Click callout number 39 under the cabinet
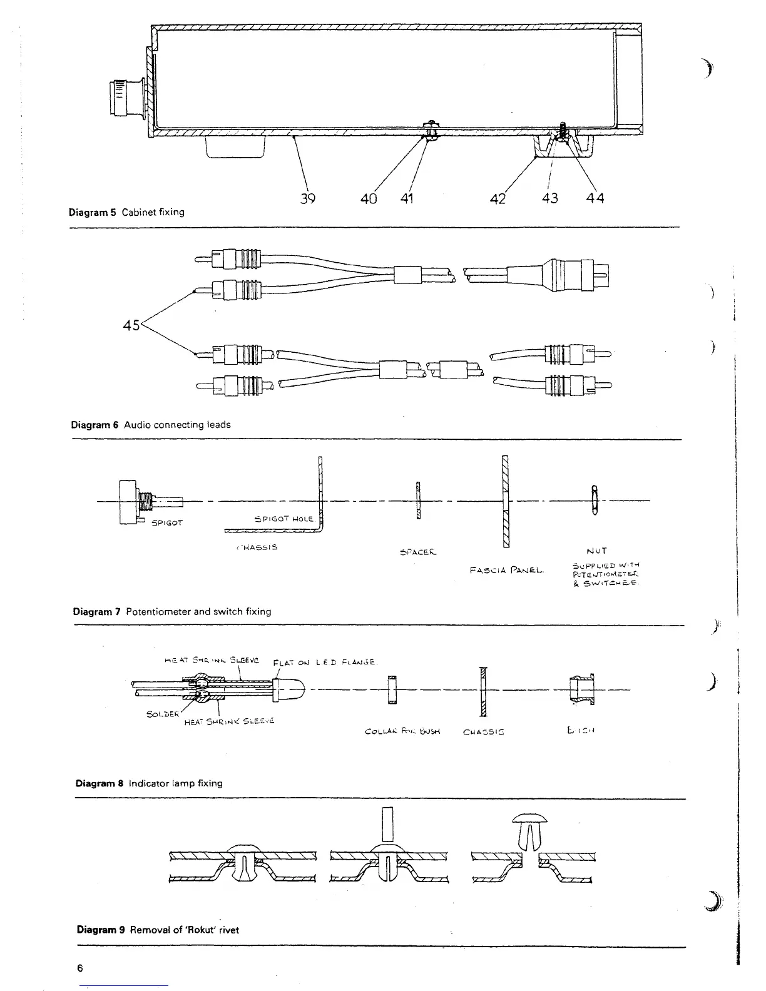point(307,199)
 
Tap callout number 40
point(369,199)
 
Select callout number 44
point(596,199)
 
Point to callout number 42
point(498,199)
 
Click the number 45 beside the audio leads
point(131,325)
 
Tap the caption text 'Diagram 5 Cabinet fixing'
point(126,212)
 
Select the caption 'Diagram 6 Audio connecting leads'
point(151,425)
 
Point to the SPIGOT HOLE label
point(279,519)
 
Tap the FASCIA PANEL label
point(508,570)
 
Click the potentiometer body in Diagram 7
point(128,501)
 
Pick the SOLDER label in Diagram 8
point(162,714)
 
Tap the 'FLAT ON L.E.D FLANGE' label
point(324,663)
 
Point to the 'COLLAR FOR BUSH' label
point(402,731)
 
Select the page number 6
point(79,968)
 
